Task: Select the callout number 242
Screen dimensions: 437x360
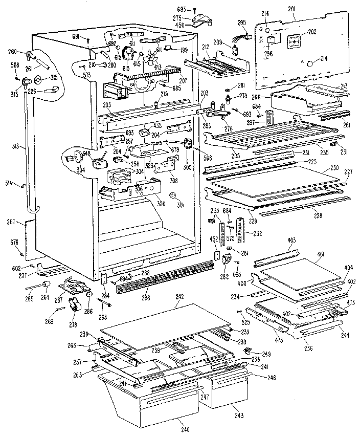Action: point(179,296)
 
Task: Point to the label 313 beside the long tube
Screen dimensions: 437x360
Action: point(17,146)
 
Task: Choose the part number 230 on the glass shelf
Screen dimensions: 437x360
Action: point(334,167)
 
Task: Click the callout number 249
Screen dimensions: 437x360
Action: point(266,354)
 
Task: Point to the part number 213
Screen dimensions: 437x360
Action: point(345,85)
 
